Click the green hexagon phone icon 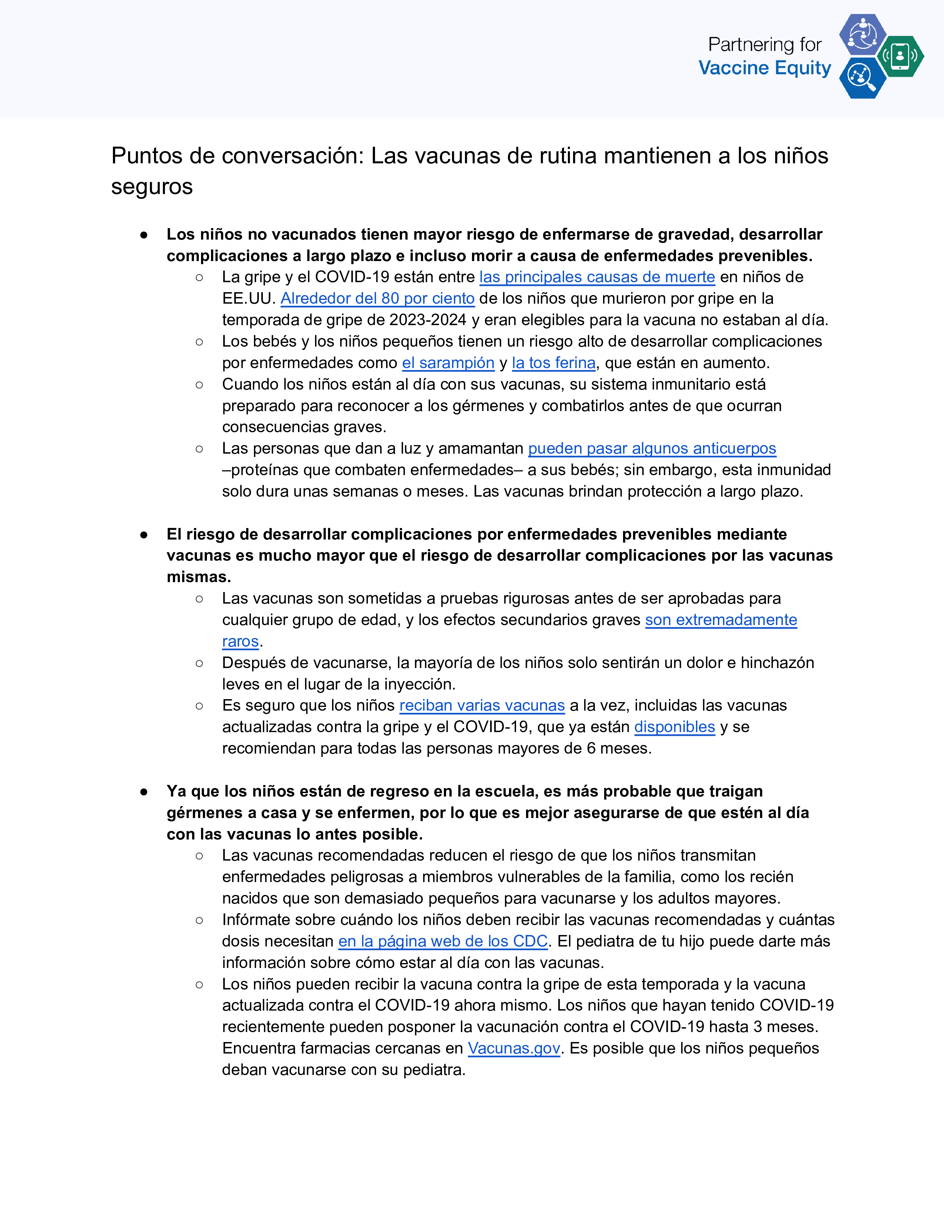900,56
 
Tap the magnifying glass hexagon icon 862,78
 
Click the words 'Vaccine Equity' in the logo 764,68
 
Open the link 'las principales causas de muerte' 597,277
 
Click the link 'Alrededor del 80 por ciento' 378,298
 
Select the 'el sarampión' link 448,363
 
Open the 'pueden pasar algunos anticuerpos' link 652,448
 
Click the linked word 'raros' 241,641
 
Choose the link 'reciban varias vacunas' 482,705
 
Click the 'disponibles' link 674,727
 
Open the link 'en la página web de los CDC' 443,941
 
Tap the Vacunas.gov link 514,1048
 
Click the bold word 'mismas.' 198,577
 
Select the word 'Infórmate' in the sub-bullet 259,920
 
